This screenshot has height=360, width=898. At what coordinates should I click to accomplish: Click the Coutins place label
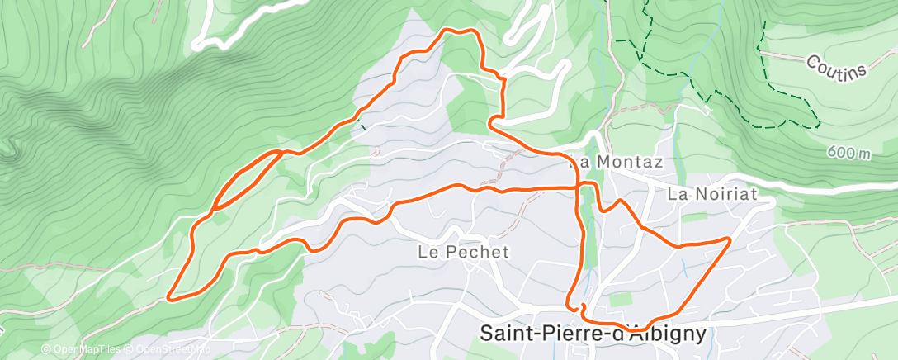[x=838, y=66]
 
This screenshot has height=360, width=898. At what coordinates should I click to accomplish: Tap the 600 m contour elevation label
[x=848, y=153]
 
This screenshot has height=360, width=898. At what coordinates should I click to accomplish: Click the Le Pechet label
[x=464, y=252]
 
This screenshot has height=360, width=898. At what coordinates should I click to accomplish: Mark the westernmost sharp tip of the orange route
[x=170, y=296]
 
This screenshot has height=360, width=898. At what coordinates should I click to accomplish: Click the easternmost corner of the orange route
[x=730, y=239]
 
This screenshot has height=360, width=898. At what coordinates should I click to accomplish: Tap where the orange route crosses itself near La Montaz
[x=578, y=187]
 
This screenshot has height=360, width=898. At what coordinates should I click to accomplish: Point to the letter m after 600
[x=864, y=154]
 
